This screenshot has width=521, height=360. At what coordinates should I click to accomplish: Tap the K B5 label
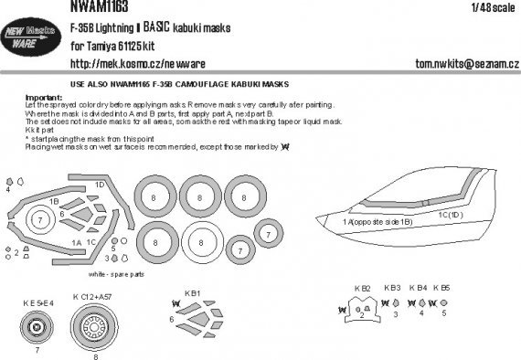coord(443,288)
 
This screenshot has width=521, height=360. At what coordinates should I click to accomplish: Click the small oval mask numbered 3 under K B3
coord(396,310)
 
